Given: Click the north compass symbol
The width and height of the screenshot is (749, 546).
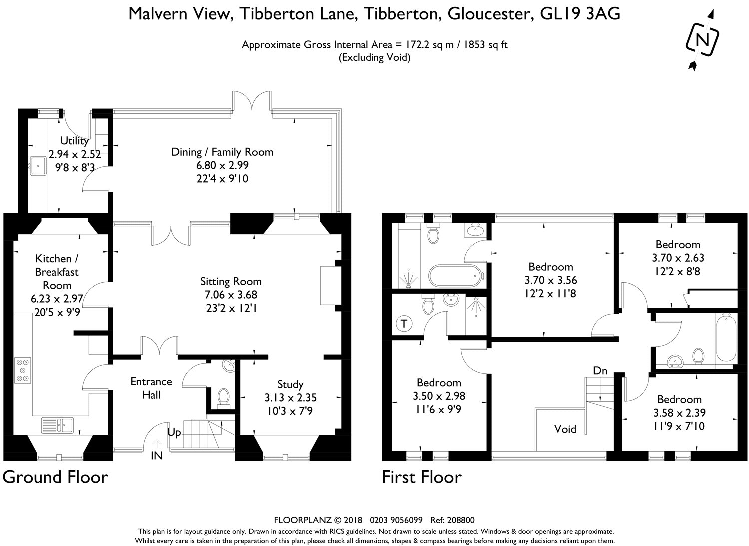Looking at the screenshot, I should (x=703, y=40).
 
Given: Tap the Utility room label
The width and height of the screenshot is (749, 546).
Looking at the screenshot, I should (x=74, y=141).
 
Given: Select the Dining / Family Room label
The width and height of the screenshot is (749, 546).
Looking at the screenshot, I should (x=222, y=152).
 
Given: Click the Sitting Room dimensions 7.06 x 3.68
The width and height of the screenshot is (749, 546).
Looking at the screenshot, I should (x=230, y=295).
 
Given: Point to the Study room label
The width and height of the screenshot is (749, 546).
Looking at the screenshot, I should (x=290, y=384).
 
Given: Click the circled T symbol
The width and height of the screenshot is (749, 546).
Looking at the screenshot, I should (x=404, y=324).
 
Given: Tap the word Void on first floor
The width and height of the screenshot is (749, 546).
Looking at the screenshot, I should (x=565, y=429).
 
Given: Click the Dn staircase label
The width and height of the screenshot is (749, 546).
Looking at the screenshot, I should (x=600, y=371).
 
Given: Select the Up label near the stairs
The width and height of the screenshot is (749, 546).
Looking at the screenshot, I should (x=174, y=433).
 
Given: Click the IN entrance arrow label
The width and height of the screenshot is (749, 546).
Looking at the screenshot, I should (x=157, y=455).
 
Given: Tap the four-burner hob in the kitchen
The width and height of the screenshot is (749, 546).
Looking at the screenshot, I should (x=22, y=369).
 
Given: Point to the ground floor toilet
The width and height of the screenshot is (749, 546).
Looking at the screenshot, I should (x=223, y=398).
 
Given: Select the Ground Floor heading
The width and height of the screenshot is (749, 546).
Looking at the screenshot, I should (x=55, y=477).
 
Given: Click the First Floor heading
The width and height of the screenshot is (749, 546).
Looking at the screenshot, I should (x=422, y=477).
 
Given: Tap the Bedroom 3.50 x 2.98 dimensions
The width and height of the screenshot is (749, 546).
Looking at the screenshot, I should (x=439, y=396).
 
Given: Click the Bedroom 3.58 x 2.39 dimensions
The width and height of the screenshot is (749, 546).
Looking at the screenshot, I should (x=679, y=413).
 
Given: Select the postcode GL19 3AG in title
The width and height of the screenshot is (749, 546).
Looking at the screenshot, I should (x=580, y=14).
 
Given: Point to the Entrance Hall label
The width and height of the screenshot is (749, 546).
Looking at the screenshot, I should (x=151, y=388).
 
